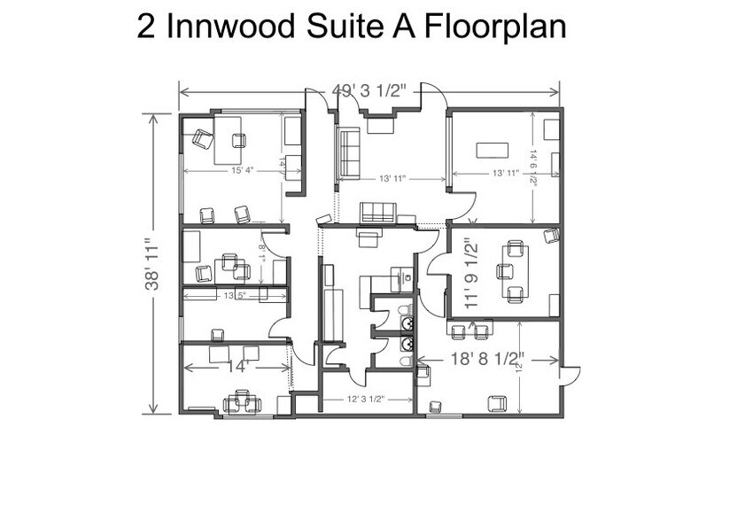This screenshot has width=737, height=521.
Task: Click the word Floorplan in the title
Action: click(x=495, y=27)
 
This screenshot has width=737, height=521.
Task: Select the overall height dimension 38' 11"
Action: click(x=154, y=264)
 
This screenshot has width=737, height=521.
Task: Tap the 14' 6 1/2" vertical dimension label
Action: click(x=533, y=166)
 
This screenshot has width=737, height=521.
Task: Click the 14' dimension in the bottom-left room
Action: click(x=237, y=365)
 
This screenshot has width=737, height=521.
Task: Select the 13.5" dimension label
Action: click(x=235, y=295)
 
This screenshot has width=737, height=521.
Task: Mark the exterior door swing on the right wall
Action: click(x=569, y=375)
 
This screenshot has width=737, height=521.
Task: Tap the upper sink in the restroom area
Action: click(x=406, y=310)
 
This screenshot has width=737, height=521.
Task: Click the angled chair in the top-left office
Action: click(x=202, y=138)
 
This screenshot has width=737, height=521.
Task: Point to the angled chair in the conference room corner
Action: click(x=551, y=235)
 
